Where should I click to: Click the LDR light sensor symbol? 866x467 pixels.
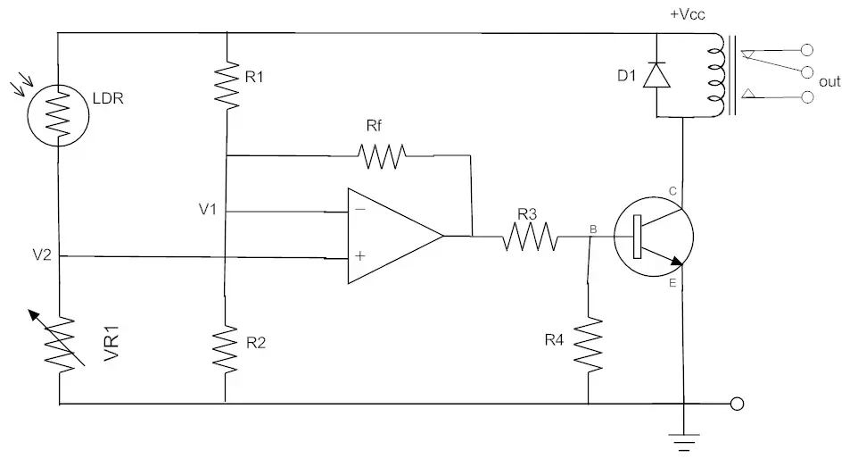[x=58, y=114]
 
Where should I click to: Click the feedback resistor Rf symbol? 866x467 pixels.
[x=382, y=156]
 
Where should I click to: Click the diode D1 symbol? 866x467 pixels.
[x=656, y=75]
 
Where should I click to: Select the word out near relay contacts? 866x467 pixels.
[x=829, y=81]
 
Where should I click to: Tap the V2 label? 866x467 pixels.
[x=41, y=256]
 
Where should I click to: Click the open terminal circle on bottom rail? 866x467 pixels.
[x=737, y=404]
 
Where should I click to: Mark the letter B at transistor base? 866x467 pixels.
[x=592, y=229]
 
